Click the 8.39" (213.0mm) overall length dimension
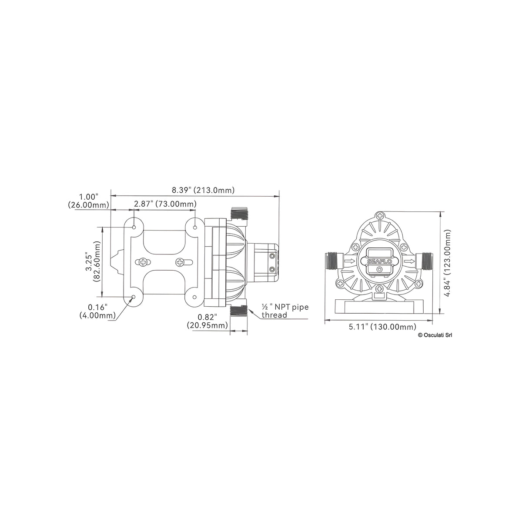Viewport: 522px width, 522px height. click(x=203, y=190)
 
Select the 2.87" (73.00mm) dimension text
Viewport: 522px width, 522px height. click(x=165, y=204)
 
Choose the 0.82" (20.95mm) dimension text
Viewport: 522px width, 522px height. click(x=207, y=321)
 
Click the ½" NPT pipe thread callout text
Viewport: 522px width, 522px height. click(x=284, y=311)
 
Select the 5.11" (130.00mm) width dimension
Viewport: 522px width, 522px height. click(x=382, y=327)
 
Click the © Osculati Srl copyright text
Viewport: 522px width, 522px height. click(x=435, y=335)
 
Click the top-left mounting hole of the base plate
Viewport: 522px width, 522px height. click(x=134, y=228)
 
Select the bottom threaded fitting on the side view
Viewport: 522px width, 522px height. click(x=238, y=311)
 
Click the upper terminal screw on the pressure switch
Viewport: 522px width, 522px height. click(x=273, y=256)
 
